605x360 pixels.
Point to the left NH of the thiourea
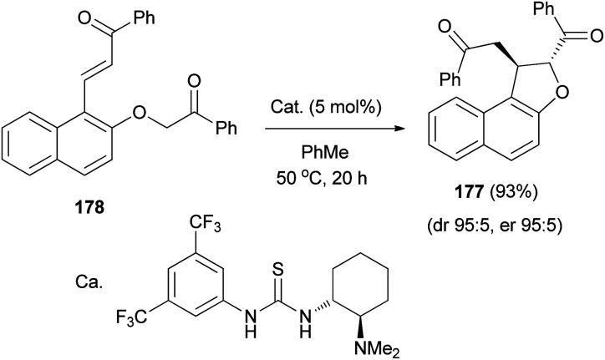point(247,322)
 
